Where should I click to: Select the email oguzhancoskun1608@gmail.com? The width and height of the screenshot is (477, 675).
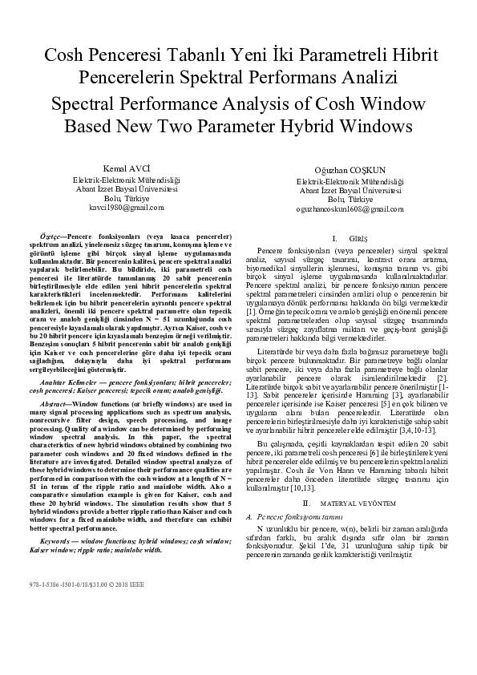click(x=349, y=208)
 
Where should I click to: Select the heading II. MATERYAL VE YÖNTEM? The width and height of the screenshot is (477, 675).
click(x=348, y=459)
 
